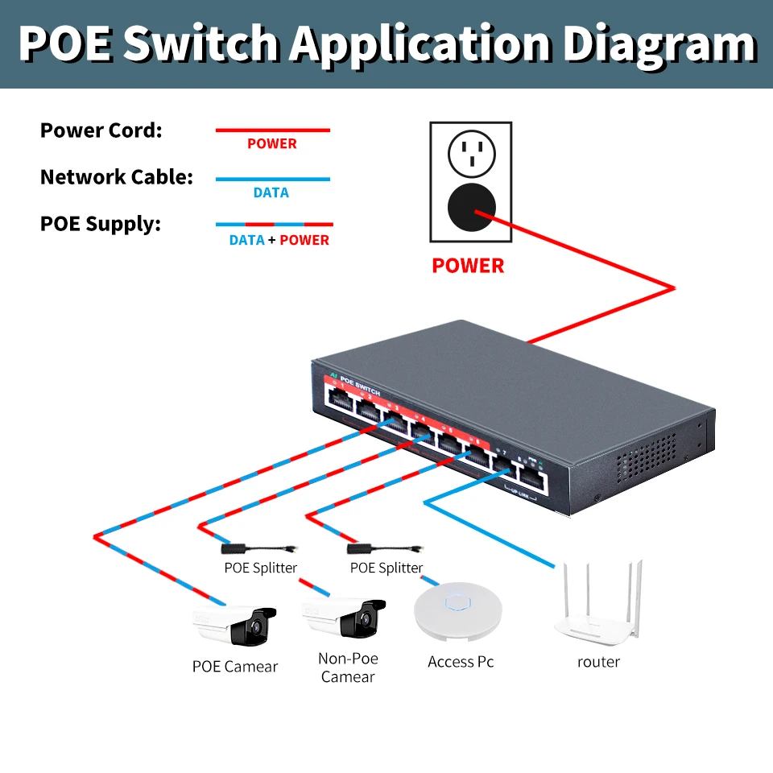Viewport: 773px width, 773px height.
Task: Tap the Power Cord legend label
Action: pyautogui.click(x=101, y=130)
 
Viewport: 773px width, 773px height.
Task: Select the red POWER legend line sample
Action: pyautogui.click(x=272, y=130)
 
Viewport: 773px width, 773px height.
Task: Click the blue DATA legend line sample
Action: pyautogui.click(x=272, y=179)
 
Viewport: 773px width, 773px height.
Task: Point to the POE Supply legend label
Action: pyautogui.click(x=101, y=224)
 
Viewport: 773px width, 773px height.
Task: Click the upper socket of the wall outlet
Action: pyautogui.click(x=470, y=153)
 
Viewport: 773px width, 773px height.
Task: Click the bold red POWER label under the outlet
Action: pyautogui.click(x=468, y=266)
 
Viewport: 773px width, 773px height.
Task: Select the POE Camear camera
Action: pyautogui.click(x=235, y=625)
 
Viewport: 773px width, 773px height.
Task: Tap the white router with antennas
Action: pyautogui.click(x=598, y=608)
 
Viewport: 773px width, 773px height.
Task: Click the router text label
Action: pyautogui.click(x=598, y=662)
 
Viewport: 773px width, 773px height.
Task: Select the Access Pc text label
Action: pyautogui.click(x=461, y=662)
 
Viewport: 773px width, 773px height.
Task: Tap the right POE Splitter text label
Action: pyautogui.click(x=386, y=568)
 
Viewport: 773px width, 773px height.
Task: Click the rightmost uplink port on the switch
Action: pyautogui.click(x=531, y=481)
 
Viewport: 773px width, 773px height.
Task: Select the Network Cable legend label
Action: pyautogui.click(x=117, y=177)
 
